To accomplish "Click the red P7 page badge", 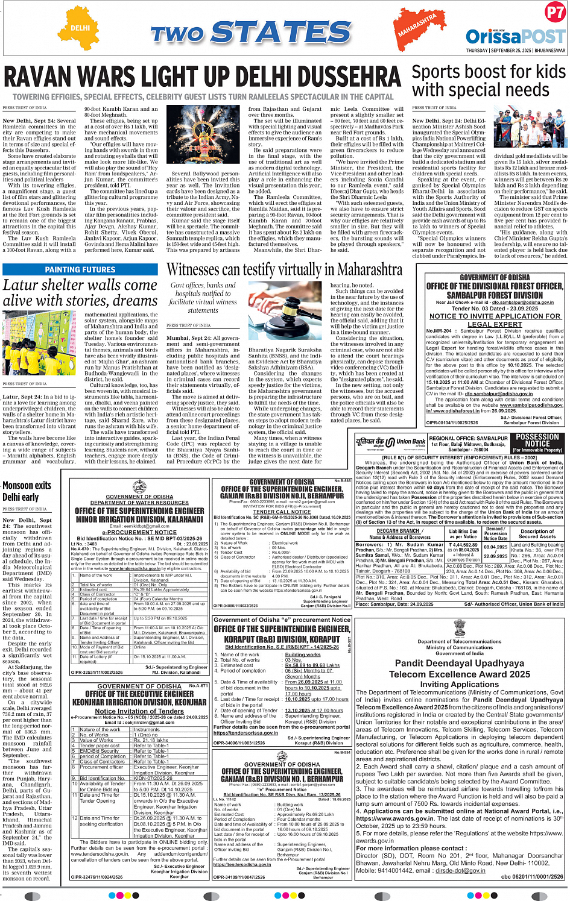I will point(554,13).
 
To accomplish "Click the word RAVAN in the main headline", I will point(45,79).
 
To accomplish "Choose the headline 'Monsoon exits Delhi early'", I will point(27,491).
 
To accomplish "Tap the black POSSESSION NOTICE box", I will point(537,443).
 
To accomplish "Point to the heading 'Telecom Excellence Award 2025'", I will point(460,674).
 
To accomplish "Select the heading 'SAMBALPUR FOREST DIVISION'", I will point(495,295).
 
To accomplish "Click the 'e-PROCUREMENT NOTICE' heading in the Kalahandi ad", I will point(139,532).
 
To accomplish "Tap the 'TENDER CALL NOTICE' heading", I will point(282,512).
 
